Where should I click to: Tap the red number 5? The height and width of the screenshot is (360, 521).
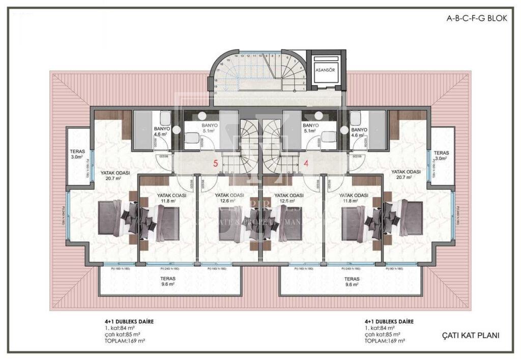[215, 164]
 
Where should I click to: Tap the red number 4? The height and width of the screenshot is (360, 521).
[306, 164]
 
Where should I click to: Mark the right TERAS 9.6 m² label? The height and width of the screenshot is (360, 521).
[352, 282]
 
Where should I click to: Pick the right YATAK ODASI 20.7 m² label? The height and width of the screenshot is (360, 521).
[406, 175]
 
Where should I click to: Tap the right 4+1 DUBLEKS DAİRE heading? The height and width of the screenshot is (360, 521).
[389, 322]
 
